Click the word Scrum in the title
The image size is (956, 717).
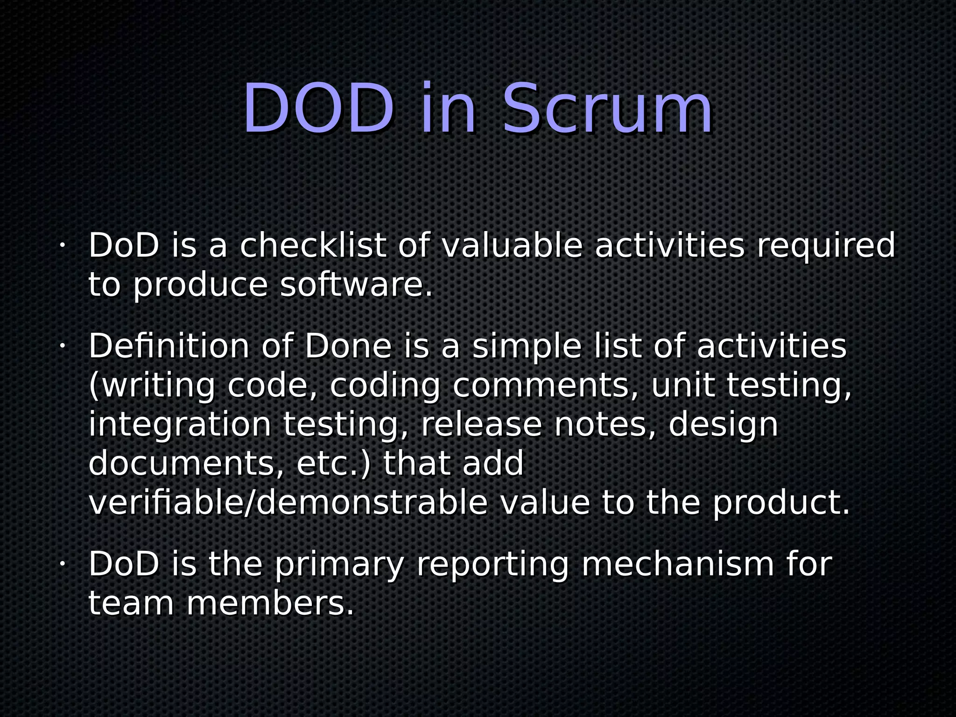click(607, 110)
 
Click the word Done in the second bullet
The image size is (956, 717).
click(348, 346)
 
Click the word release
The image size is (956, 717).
click(481, 425)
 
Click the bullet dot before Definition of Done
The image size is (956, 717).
click(61, 346)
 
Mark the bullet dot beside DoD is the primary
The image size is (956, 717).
click(61, 564)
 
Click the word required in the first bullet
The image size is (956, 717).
click(825, 246)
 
